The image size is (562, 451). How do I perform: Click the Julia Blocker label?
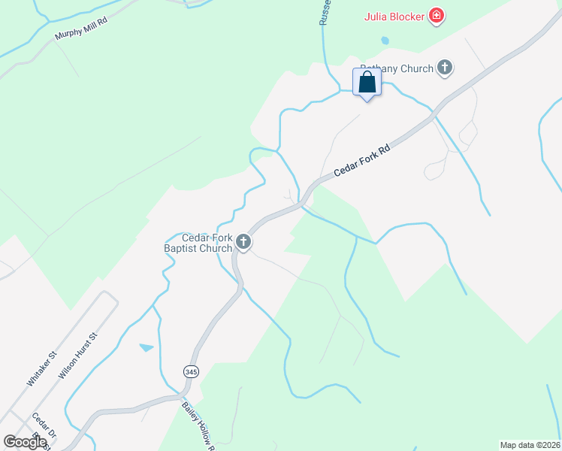394,16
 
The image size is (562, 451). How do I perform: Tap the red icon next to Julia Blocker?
436,16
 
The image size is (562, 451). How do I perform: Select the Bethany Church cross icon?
445,68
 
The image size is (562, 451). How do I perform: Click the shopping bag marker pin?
367,83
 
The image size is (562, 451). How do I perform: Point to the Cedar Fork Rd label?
364,160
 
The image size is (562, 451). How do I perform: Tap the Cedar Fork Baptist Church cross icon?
243,242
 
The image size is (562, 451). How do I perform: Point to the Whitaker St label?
42,368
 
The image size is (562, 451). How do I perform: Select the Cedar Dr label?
44,426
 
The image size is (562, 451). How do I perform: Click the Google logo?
25,442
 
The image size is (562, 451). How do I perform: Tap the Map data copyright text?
530,444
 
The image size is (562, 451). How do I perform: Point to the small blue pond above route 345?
147,347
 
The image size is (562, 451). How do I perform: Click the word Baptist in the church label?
183,249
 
